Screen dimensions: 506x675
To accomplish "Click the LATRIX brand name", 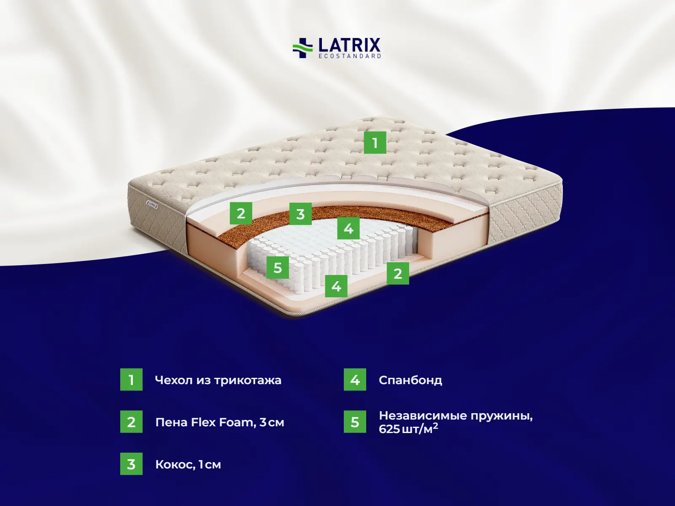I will (x=349, y=45).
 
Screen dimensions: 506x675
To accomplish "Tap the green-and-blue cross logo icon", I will (x=302, y=48).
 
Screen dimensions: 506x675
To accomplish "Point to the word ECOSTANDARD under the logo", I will (x=349, y=56).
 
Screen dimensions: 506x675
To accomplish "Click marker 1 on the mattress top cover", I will (x=375, y=143).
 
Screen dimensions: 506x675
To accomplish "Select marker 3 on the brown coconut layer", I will (x=300, y=214).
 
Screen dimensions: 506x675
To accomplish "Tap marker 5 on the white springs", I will (x=278, y=267).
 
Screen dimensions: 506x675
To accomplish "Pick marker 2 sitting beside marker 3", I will (x=241, y=213).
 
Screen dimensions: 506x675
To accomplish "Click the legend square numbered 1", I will (x=131, y=379).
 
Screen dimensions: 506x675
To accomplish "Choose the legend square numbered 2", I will (x=131, y=422).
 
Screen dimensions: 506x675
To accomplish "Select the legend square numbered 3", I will (x=131, y=464).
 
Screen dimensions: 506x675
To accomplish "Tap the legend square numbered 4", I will (x=355, y=379).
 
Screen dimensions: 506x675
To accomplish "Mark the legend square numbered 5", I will (x=355, y=422).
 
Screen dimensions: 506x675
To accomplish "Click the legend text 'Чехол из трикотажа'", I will (x=218, y=380).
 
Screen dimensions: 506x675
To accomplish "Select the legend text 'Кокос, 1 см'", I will (x=188, y=464).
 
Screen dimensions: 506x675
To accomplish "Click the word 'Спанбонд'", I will (x=410, y=380).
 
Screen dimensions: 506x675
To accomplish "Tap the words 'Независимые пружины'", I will (x=456, y=416).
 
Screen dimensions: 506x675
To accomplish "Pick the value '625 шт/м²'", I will (x=408, y=429).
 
